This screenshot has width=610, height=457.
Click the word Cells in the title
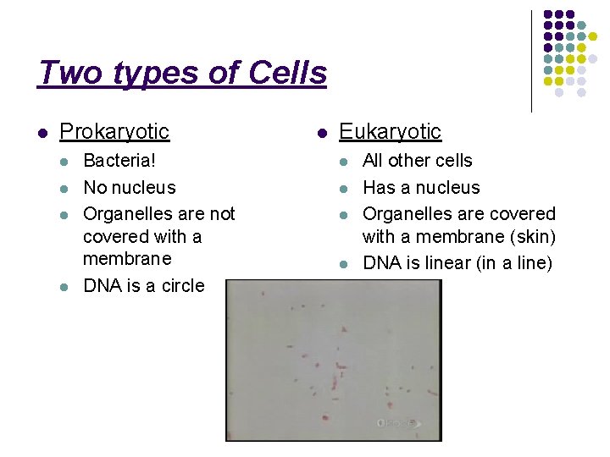[x=287, y=74]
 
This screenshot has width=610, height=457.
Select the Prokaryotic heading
[x=114, y=132]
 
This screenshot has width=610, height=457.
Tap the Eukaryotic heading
[x=390, y=132]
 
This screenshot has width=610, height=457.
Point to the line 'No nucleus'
[x=129, y=188]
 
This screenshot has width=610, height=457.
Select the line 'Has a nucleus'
[x=421, y=188]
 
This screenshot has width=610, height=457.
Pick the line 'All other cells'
[x=418, y=161]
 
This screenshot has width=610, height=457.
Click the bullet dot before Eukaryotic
[x=322, y=133]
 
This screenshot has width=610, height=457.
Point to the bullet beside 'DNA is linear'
[x=344, y=264]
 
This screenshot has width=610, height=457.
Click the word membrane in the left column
[x=127, y=259]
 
